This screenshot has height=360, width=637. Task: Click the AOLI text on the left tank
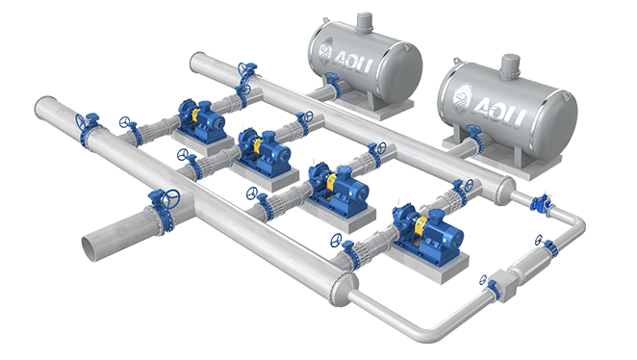tap(353, 63)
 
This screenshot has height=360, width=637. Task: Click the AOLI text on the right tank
tap(500, 109)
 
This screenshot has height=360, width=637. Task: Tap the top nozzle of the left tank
tap(364, 22)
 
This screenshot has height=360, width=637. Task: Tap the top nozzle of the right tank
tap(510, 65)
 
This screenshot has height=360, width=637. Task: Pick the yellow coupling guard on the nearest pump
tap(420, 227)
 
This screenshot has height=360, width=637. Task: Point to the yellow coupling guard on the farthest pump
tap(195, 115)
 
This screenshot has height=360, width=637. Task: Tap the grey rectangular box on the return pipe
tap(503, 286)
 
